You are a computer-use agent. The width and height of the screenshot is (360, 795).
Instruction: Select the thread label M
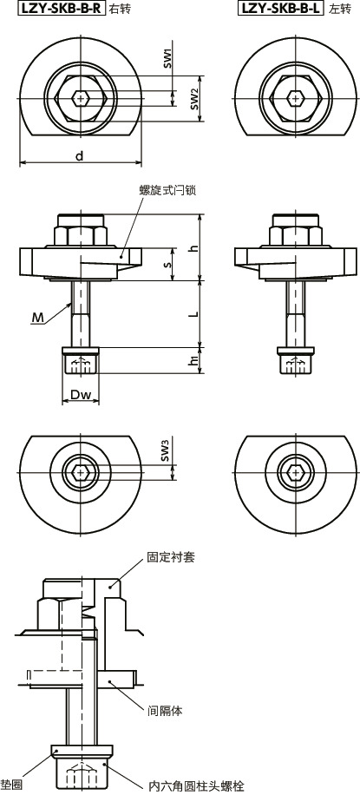(37, 319)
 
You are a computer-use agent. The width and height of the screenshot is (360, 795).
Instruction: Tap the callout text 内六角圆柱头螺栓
(196, 785)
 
